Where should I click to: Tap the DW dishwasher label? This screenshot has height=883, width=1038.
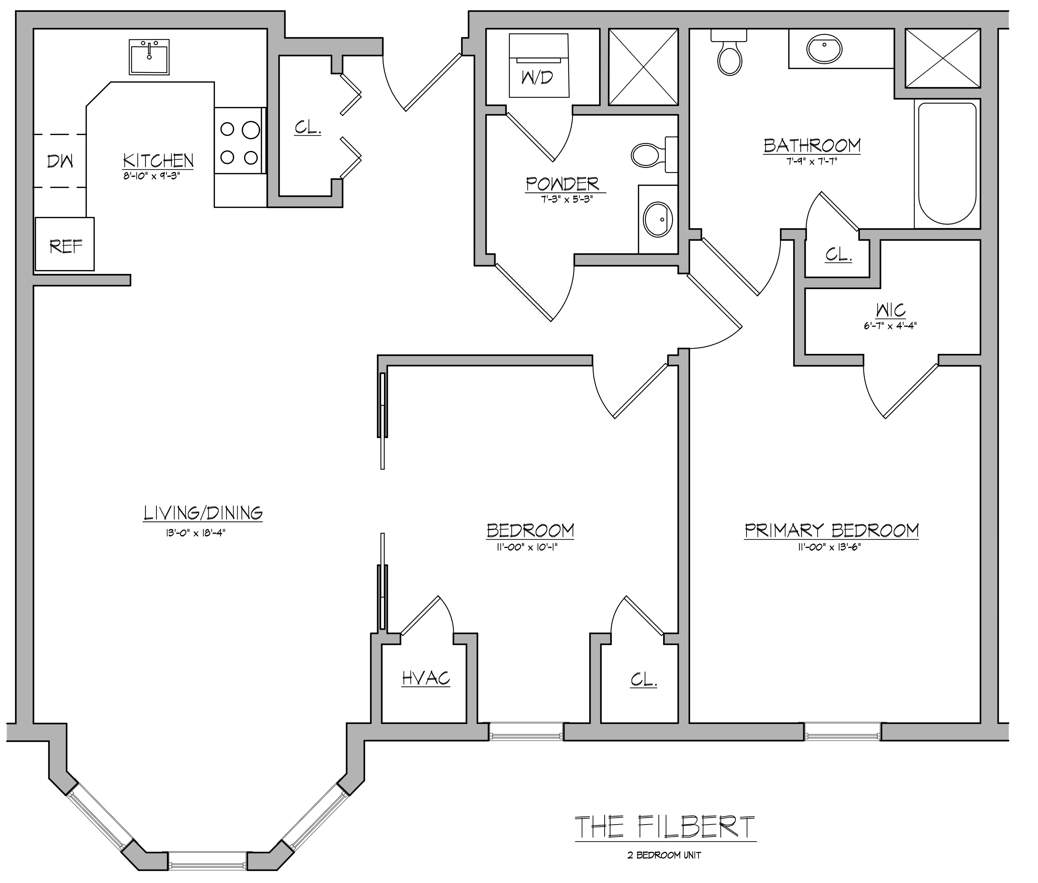pos(60,161)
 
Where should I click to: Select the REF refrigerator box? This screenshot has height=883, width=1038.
pos(65,244)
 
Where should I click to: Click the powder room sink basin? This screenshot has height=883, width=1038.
pos(658,219)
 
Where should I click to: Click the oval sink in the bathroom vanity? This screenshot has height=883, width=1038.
pos(824,49)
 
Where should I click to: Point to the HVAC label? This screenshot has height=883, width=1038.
pos(426,678)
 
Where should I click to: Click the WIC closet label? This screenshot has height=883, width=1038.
pos(891,310)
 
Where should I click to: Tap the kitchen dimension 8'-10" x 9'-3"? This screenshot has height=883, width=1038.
pos(151,176)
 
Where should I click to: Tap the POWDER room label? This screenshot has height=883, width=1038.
pos(562,184)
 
